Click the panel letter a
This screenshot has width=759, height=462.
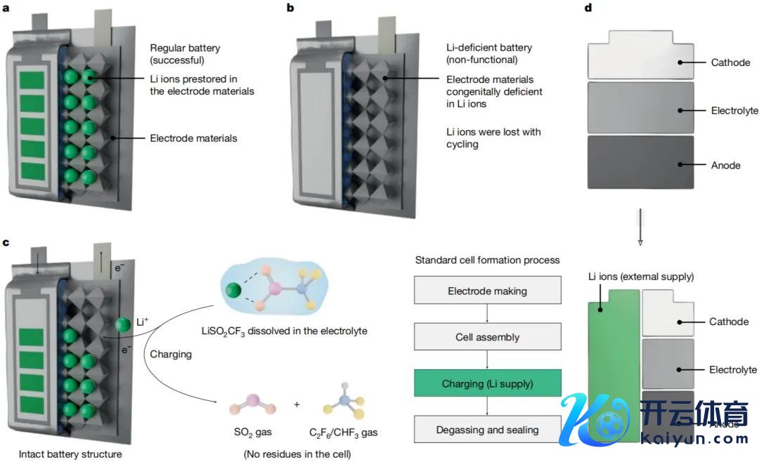tap(6, 8)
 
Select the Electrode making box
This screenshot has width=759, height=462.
tap(488, 290)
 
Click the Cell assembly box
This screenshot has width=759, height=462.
tap(488, 337)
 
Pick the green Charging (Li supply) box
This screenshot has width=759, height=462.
tap(488, 383)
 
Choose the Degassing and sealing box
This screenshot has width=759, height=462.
tap(488, 430)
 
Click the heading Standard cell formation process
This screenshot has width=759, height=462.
tap(487, 260)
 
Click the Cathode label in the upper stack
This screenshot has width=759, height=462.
tap(730, 62)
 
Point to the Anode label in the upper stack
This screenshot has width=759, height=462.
tap(725, 166)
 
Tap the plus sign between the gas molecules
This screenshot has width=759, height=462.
tap(297, 404)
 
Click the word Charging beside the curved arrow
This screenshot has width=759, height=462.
tap(171, 354)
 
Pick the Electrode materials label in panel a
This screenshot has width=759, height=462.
tap(193, 138)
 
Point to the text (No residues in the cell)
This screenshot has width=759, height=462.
tap(297, 454)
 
